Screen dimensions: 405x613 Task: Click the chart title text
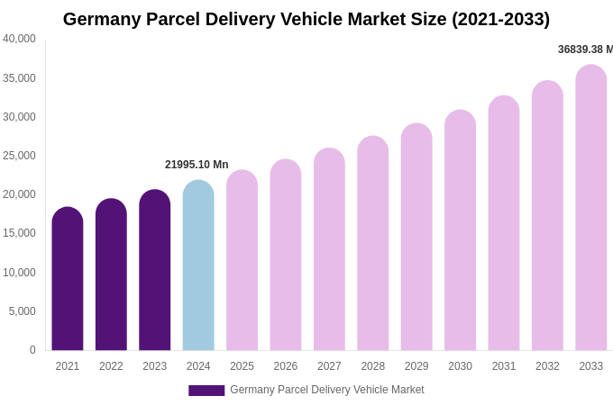(x=306, y=19)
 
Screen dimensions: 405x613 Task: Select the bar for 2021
(x=68, y=279)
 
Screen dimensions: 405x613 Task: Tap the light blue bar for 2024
(x=198, y=265)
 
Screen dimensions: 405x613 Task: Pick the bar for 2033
(x=591, y=207)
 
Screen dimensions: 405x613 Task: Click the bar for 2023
(x=155, y=270)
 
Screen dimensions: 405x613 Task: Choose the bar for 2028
(x=373, y=243)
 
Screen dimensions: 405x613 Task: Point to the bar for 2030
(x=460, y=230)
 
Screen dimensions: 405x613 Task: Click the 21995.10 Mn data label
(x=197, y=165)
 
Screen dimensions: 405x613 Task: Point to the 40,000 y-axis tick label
(x=19, y=39)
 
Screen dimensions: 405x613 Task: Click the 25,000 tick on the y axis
(x=19, y=156)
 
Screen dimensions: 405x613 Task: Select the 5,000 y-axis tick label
(x=23, y=311)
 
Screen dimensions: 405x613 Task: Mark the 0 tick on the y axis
(x=32, y=350)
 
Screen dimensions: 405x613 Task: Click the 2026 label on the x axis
(x=286, y=366)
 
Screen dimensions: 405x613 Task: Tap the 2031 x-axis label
(x=504, y=366)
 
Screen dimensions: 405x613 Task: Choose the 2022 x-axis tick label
(x=111, y=366)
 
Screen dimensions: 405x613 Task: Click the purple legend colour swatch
(x=206, y=391)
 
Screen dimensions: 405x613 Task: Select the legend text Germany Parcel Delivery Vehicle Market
(x=326, y=390)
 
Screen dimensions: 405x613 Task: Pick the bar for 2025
(x=242, y=260)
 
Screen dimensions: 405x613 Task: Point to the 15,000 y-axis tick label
(x=19, y=233)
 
